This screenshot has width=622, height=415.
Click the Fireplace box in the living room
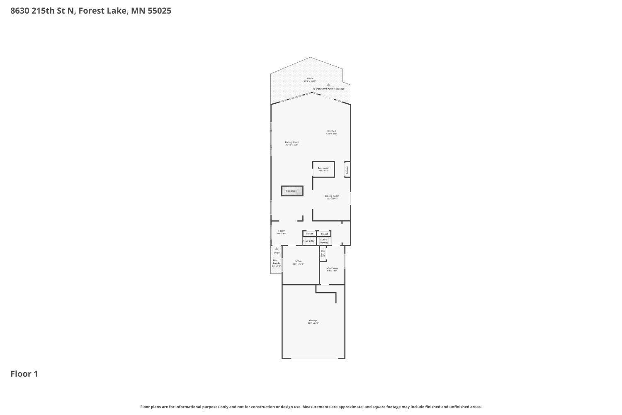click(292, 191)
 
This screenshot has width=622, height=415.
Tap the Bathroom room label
click(323, 168)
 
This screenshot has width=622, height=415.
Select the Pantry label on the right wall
click(347, 169)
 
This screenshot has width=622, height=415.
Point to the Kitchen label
click(331, 131)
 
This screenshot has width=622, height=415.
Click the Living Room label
click(292, 142)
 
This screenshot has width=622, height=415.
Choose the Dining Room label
click(332, 196)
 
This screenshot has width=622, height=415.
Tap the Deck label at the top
click(310, 78)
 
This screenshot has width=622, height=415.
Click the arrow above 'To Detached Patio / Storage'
click(328, 84)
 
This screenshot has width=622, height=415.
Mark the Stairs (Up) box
click(309, 241)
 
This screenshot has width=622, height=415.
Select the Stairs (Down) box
click(323, 241)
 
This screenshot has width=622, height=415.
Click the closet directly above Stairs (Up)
click(309, 234)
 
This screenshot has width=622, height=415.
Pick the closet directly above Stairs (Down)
click(324, 234)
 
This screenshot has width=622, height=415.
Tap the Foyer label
click(282, 231)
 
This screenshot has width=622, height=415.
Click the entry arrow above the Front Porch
click(277, 249)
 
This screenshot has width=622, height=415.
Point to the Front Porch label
click(276, 262)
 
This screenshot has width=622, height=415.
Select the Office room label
click(298, 261)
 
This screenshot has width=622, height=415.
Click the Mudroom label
click(332, 269)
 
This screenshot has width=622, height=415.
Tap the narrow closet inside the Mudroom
click(323, 254)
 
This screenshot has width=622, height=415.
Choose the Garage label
click(313, 321)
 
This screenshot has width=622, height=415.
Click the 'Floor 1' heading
click(24, 374)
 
